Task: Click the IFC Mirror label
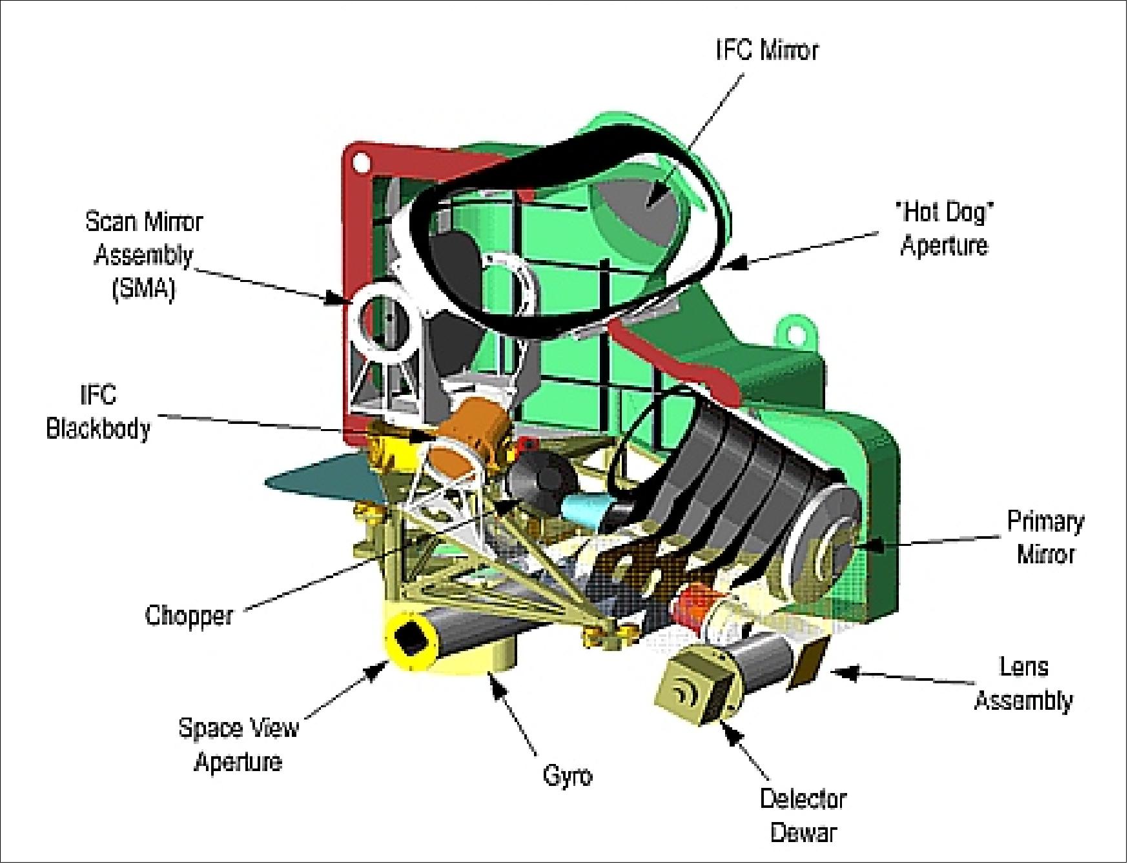[766, 50]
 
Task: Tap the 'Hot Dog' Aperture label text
[944, 228]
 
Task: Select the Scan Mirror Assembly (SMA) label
[143, 255]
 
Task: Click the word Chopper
[189, 615]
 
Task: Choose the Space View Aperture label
[238, 744]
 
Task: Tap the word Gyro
[567, 774]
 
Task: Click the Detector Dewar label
[803, 815]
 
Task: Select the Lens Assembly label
[1023, 683]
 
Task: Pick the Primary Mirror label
[1045, 537]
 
